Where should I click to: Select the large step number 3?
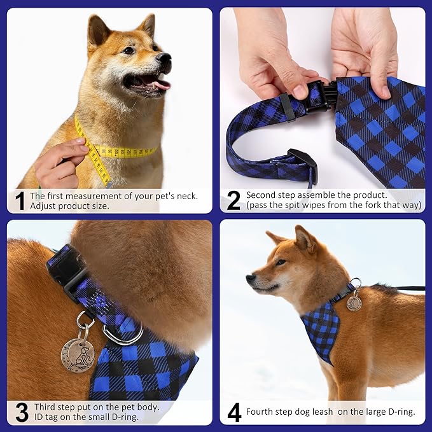(21, 412)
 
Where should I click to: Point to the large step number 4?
(234, 412)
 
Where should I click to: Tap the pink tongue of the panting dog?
(161, 84)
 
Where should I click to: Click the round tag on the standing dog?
(354, 303)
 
